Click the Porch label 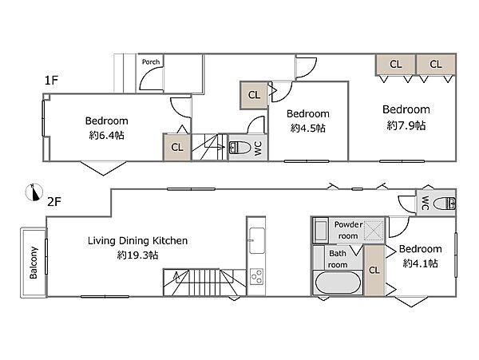point(151,62)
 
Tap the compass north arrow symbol point(34,192)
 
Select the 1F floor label point(51,81)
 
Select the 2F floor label point(54,202)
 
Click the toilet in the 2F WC point(445,204)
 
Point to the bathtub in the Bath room point(338,282)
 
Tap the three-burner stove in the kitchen point(256,276)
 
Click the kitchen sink point(257,240)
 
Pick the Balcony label point(34,263)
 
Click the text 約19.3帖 point(138,255)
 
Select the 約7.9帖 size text point(406,125)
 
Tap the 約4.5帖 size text point(308,128)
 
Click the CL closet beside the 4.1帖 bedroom point(374,270)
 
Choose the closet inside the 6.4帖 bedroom point(177,147)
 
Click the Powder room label point(349,230)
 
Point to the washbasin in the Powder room point(320,231)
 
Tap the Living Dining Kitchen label point(138,240)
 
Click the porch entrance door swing point(151,78)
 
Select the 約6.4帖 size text point(107,135)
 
